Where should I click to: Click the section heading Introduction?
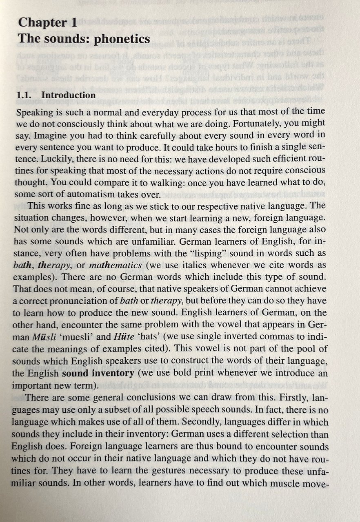(69, 95)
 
